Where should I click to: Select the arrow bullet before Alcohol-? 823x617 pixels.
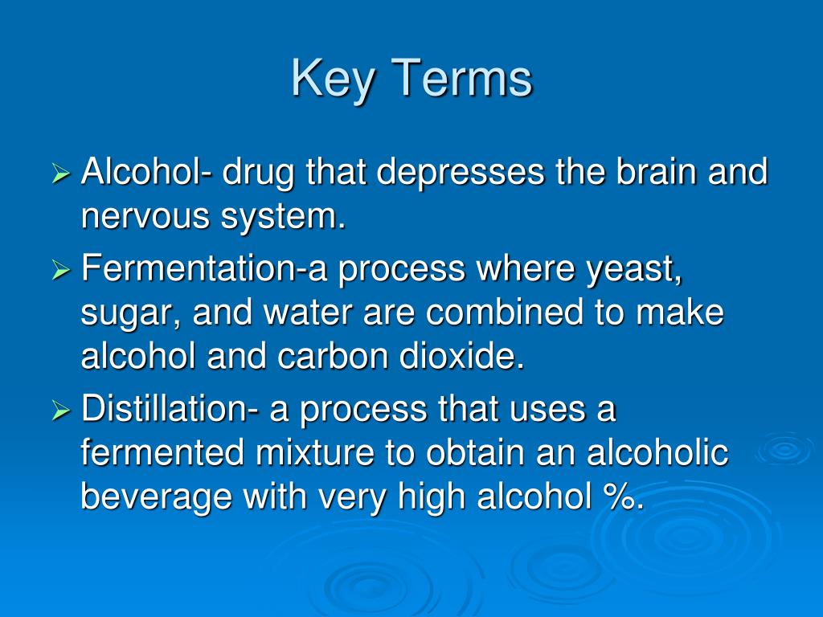62,174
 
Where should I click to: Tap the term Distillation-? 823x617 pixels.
170,410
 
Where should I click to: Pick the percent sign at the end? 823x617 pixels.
621,498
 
